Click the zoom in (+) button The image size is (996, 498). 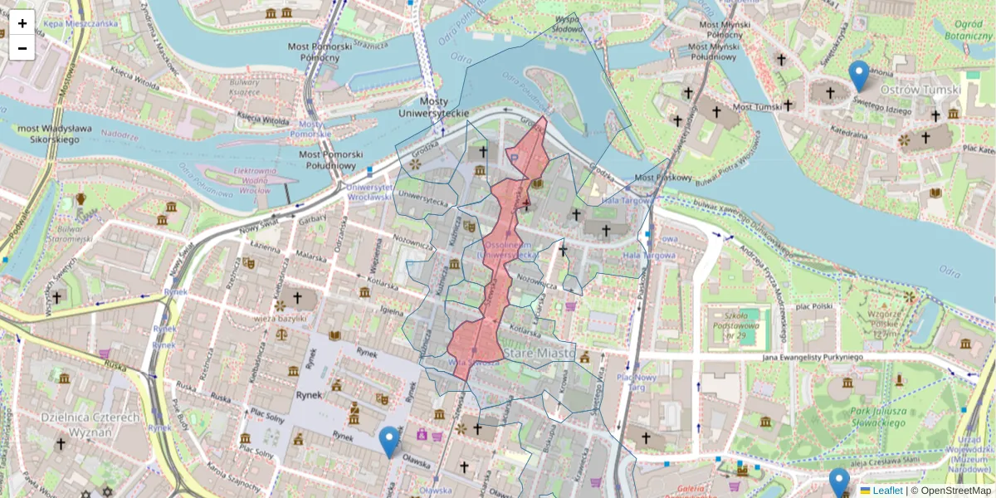22,22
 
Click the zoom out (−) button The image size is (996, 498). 22,48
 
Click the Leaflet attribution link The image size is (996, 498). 887,491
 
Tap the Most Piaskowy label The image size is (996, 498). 662,178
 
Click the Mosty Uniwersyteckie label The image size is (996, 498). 433,106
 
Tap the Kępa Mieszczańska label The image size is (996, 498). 81,24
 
